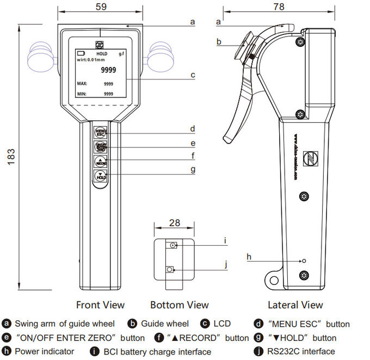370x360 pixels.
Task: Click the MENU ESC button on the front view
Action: pos(101,133)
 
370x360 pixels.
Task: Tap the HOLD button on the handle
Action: pos(101,176)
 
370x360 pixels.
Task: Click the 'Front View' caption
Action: pos(100,305)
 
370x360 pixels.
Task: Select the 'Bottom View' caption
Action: pos(180,305)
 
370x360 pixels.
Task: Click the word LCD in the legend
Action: pos(221,324)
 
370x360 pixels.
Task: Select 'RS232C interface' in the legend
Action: pos(301,351)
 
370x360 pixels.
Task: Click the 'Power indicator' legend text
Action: pos(44,351)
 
